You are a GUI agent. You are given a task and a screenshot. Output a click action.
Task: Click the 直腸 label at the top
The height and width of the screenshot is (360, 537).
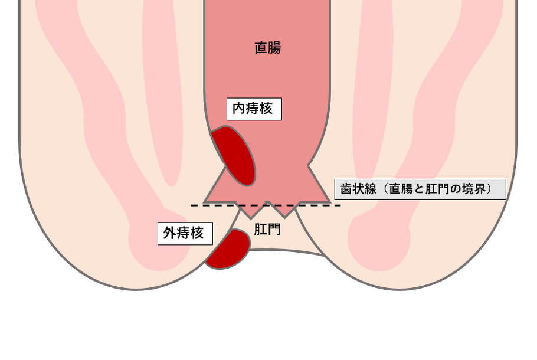pyautogui.click(x=267, y=48)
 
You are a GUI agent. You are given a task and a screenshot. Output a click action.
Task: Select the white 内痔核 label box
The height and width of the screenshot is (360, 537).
pyautogui.click(x=254, y=109)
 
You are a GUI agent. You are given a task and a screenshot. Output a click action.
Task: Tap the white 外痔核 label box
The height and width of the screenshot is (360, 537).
pyautogui.click(x=185, y=234)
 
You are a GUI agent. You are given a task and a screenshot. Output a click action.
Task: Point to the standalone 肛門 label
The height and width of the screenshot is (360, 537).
pyautogui.click(x=267, y=230)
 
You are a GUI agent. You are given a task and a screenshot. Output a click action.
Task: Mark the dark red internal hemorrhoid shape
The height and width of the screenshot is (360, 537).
pyautogui.click(x=234, y=155)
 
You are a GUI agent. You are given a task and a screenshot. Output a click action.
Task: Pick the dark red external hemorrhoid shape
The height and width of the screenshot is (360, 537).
pyautogui.click(x=228, y=249)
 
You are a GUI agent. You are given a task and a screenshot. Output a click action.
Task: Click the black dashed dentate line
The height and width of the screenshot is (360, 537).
pyautogui.click(x=266, y=205)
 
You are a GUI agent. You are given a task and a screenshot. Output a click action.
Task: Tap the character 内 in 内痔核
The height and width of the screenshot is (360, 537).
pyautogui.click(x=239, y=109)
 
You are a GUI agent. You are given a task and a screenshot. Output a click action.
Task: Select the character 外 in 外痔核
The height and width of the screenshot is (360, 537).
pyautogui.click(x=170, y=234)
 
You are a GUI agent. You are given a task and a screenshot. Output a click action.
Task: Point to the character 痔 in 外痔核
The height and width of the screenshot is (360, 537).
pyautogui.click(x=184, y=234)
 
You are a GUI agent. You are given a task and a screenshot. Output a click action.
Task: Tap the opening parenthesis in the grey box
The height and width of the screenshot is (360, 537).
pyautogui.click(x=381, y=189)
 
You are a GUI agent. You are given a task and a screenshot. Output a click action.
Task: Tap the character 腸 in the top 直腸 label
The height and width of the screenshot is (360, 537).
pyautogui.click(x=274, y=48)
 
